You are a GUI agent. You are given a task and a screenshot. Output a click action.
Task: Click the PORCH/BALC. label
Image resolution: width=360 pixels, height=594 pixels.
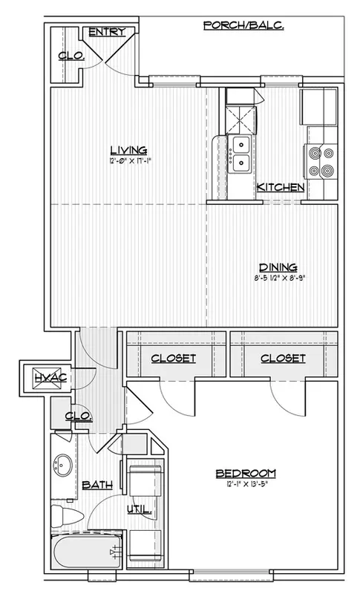243,25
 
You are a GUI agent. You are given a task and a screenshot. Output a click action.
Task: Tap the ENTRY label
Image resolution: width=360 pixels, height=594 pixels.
107,32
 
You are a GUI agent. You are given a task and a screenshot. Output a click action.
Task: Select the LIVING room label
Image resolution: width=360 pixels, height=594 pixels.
128,150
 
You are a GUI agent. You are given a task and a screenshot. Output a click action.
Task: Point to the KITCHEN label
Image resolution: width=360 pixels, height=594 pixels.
281,187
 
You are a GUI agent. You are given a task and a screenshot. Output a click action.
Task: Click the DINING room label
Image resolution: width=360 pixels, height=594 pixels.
278,267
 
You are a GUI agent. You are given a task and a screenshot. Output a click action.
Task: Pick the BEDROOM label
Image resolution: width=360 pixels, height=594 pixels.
246,474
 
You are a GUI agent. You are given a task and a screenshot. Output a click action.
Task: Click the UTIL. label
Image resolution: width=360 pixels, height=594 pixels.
140,510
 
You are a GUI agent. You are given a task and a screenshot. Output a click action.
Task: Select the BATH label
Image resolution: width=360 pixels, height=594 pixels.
97,485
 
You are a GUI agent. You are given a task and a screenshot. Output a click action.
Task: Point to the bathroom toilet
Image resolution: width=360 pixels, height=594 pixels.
66,515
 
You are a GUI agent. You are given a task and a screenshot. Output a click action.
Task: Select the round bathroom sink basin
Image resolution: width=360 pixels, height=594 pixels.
62,466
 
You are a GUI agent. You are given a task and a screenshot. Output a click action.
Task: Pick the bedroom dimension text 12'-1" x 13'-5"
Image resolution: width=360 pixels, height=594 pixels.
246,484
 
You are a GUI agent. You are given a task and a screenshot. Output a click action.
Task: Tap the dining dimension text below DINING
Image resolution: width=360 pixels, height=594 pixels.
278,278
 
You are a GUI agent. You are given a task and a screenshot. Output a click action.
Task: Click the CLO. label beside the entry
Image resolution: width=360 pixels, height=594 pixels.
71,56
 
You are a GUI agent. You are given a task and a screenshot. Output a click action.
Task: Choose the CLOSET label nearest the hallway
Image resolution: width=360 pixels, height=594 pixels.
174,358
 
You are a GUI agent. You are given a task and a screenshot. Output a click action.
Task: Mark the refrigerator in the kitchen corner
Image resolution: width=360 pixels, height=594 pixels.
318,106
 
